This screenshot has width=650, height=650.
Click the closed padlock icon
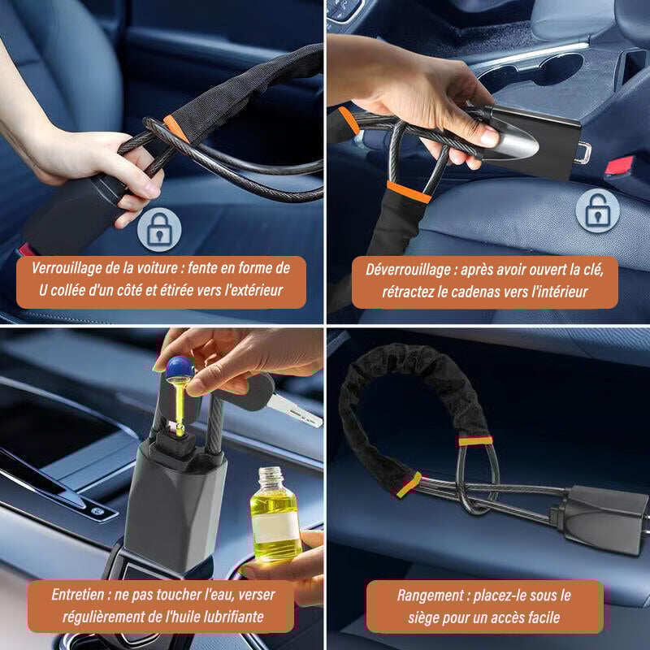point(159,230)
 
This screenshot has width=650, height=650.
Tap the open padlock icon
point(597,210)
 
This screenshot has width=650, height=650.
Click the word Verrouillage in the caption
point(66,268)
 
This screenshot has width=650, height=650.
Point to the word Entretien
point(78,595)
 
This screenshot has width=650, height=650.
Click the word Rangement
point(431,596)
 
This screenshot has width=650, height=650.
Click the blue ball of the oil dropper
point(180,367)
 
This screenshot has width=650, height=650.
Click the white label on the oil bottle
point(275,526)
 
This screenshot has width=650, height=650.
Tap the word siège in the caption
point(423,617)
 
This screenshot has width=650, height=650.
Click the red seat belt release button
point(619,166)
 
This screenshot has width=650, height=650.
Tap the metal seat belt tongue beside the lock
point(583,153)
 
